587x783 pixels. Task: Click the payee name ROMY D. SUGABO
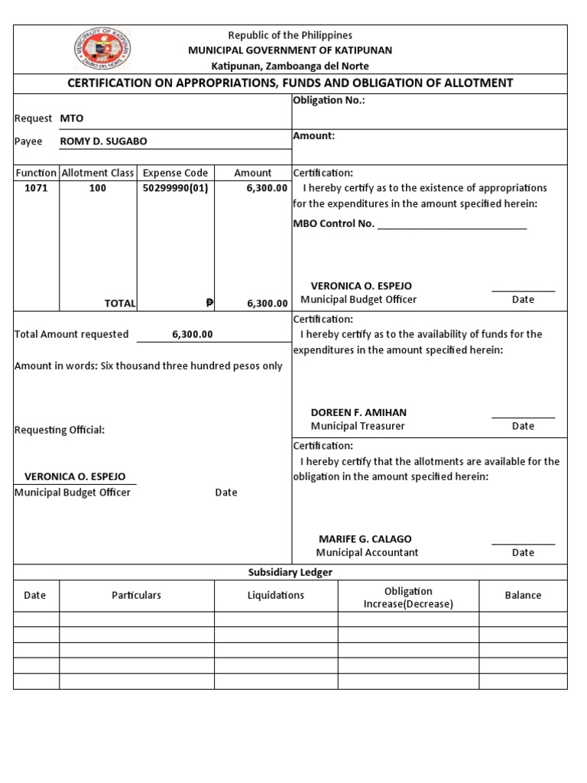click(103, 141)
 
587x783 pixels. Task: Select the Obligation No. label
click(329, 102)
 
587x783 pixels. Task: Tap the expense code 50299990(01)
click(175, 188)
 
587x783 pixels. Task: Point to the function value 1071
click(36, 188)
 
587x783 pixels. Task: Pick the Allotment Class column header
click(98, 173)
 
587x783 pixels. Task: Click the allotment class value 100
click(98, 188)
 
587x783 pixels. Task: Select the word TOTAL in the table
click(120, 304)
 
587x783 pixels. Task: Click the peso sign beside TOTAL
click(209, 304)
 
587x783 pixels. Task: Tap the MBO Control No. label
click(334, 223)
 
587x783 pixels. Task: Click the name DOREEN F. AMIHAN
click(358, 412)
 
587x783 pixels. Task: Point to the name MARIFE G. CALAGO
click(365, 539)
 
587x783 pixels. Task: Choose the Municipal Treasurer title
click(358, 426)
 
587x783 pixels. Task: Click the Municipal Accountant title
click(367, 553)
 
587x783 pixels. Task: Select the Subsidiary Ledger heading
click(290, 573)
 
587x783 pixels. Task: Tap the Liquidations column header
click(276, 596)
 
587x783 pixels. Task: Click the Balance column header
click(523, 596)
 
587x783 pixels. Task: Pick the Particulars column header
click(137, 596)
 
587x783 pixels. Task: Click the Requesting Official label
click(60, 430)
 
